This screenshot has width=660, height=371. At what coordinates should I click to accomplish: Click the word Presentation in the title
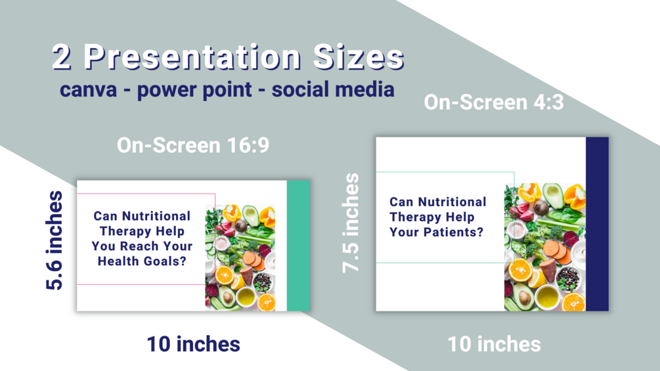(192, 57)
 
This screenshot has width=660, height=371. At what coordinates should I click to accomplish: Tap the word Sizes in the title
(359, 57)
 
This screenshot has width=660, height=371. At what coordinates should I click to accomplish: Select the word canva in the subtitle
(89, 90)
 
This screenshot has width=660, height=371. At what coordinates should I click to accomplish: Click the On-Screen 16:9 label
(193, 145)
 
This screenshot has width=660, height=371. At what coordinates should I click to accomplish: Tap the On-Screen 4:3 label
(494, 102)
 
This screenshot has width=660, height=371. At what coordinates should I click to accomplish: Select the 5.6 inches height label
(55, 240)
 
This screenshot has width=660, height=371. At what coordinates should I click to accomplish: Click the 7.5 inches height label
(351, 223)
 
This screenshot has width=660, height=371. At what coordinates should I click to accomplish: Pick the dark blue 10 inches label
(194, 344)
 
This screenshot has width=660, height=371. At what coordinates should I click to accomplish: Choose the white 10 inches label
(494, 344)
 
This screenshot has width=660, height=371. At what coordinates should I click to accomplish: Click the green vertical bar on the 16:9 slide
(298, 246)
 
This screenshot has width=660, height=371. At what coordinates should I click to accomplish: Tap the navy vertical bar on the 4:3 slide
(597, 224)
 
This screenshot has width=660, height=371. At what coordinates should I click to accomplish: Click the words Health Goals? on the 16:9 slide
(142, 261)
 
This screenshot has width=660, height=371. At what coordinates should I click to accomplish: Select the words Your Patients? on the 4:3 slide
(436, 232)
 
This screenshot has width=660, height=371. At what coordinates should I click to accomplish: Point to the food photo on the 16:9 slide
(240, 258)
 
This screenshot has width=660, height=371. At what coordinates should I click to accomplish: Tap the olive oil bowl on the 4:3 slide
(548, 297)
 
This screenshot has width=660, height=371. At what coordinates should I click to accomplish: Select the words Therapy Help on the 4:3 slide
(432, 217)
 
